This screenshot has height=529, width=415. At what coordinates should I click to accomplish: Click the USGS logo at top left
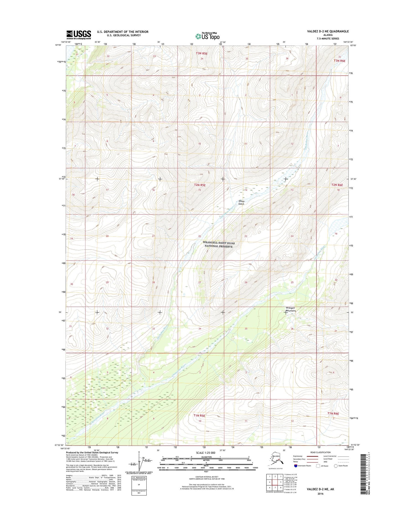pos(79,35)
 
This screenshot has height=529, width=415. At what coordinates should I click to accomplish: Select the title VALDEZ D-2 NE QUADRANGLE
pos(328,31)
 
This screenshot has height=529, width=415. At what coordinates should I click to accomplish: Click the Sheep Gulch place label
pos(241,203)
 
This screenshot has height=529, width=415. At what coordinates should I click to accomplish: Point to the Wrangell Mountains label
pos(290,309)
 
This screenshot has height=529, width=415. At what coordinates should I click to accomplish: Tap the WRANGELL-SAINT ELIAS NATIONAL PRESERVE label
pos(219,244)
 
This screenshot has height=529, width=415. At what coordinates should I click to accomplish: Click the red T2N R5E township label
pos(199,185)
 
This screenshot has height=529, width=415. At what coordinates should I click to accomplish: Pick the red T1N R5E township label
pos(199,415)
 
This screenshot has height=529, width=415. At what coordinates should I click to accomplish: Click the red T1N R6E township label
pos(333,413)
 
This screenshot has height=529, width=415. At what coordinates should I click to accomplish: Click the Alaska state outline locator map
pos(276,460)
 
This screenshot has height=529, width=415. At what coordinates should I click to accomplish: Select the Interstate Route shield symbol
pos(296,466)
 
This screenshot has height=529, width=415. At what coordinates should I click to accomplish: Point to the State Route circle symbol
pos(336,466)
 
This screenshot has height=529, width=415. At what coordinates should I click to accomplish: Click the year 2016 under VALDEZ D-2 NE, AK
pos(320,494)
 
